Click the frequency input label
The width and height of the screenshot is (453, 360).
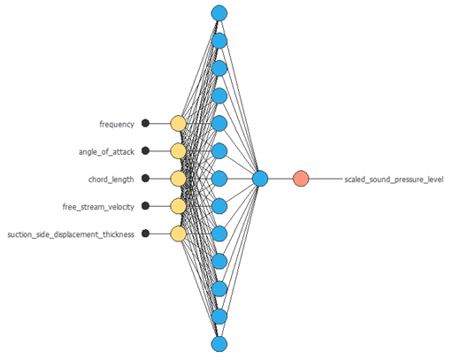(117, 125)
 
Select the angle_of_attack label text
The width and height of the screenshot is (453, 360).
(106, 152)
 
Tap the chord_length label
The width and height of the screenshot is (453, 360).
(111, 180)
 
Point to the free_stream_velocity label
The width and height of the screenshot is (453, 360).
(98, 207)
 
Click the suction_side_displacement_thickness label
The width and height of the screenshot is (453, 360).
(71, 234)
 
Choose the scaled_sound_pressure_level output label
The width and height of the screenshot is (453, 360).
(394, 180)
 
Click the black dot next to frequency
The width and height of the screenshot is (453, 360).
(145, 123)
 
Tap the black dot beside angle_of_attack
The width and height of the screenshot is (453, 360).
(145, 150)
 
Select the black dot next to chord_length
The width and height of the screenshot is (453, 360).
(145, 179)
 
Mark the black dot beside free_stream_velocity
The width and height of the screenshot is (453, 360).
(145, 206)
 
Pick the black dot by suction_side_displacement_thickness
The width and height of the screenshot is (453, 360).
(145, 234)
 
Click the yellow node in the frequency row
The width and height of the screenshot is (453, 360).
(179, 124)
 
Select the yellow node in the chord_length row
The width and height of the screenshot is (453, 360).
(179, 179)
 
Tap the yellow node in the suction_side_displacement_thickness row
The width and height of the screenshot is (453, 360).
(179, 234)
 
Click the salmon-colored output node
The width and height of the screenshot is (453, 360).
(301, 179)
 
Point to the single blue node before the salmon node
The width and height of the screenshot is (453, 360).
(260, 179)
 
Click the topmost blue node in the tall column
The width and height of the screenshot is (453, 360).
(219, 13)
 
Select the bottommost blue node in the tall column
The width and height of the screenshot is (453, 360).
(219, 344)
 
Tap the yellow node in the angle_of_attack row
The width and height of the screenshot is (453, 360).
(179, 151)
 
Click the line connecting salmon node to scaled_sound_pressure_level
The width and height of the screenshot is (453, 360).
(326, 179)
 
